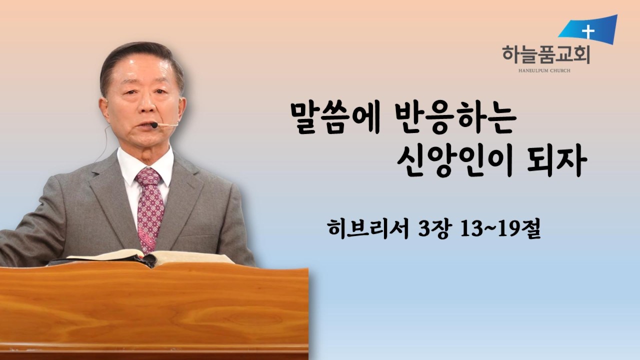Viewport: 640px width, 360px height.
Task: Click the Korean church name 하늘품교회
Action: [x=545, y=53]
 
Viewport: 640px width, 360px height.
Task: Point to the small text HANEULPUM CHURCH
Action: [x=545, y=70]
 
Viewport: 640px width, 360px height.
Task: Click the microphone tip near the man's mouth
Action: [x=154, y=125]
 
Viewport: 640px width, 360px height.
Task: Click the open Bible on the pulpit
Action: [x=150, y=258]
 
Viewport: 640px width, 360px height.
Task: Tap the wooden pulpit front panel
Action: [x=150, y=310]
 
